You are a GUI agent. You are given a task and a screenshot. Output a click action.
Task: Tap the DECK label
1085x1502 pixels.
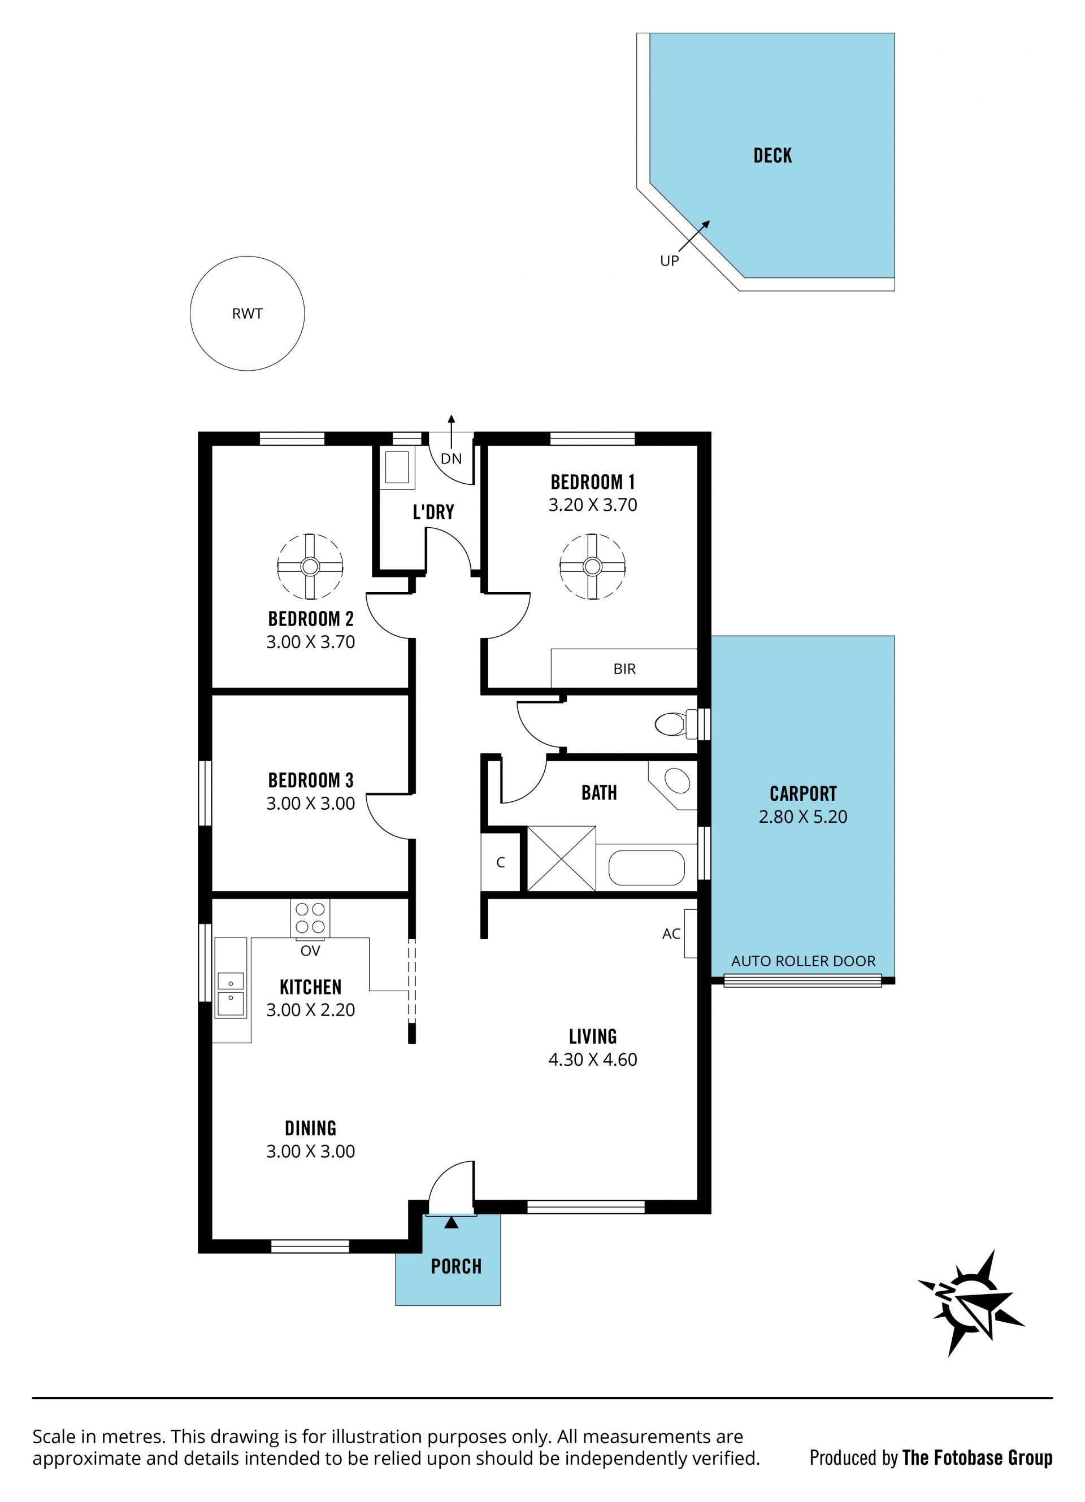pyautogui.click(x=772, y=155)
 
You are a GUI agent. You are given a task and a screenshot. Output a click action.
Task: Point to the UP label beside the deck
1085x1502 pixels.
pyautogui.click(x=669, y=261)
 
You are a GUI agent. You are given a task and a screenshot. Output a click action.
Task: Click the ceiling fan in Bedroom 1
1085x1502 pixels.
pyautogui.click(x=592, y=567)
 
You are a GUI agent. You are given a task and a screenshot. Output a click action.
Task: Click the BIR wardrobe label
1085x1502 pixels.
pyautogui.click(x=624, y=669)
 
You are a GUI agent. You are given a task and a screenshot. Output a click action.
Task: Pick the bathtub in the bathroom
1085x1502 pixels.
pyautogui.click(x=646, y=867)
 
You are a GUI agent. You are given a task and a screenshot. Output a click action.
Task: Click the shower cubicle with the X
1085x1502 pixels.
pyautogui.click(x=561, y=859)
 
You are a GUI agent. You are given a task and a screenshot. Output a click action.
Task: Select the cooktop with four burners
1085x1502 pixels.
pyautogui.click(x=309, y=918)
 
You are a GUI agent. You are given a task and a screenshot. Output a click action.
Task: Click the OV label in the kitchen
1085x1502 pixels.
pyautogui.click(x=310, y=951)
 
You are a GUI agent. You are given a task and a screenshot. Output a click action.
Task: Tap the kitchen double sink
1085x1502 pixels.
pyautogui.click(x=231, y=993)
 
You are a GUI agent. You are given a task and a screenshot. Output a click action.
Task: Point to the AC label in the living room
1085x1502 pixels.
pyautogui.click(x=671, y=934)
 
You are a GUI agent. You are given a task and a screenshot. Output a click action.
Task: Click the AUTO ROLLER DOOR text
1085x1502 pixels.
pyautogui.click(x=803, y=961)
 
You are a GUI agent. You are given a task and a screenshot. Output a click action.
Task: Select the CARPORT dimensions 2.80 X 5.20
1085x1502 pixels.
pyautogui.click(x=803, y=817)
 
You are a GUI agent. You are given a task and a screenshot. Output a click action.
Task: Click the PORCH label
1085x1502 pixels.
pyautogui.click(x=455, y=1266)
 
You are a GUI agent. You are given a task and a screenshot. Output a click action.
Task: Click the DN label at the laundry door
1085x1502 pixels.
pyautogui.click(x=451, y=458)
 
